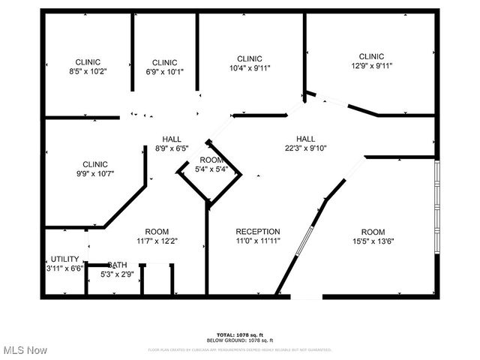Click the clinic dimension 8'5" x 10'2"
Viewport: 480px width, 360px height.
[88, 73]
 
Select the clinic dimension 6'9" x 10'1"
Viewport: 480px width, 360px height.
[164, 73]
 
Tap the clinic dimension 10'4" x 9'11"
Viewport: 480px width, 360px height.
[249, 68]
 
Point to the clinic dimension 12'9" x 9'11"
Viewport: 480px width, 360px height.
[371, 66]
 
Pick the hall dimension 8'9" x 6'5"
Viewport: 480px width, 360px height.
[172, 148]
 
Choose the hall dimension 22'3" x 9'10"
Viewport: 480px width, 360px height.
[305, 148]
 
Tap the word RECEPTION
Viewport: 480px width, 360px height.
[257, 232]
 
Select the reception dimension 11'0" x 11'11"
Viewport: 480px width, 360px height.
[257, 241]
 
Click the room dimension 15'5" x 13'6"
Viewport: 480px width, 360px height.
[373, 241]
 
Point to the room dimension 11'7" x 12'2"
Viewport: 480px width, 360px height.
[157, 241]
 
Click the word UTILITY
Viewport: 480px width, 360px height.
[64, 259]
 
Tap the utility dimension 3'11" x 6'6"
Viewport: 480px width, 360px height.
[64, 268]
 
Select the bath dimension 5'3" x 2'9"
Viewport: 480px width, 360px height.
[116, 275]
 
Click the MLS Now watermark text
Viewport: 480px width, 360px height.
[25, 350]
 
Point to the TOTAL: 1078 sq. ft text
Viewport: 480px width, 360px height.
[240, 334]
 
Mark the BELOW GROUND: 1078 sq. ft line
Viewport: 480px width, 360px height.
[240, 340]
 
